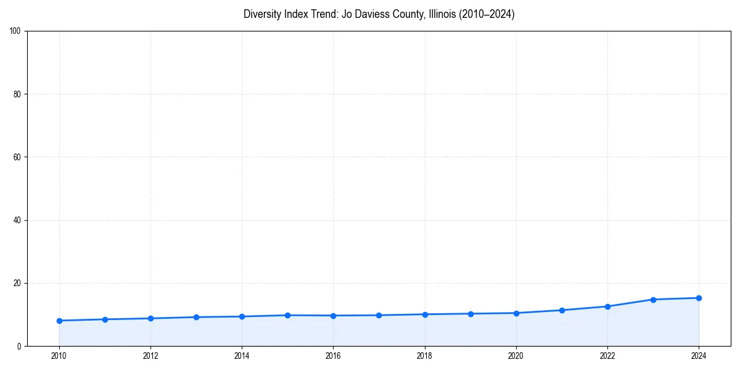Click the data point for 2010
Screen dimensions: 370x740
(59, 321)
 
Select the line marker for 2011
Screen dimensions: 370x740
(105, 319)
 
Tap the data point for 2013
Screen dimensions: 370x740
(196, 317)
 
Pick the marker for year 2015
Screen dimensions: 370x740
(287, 315)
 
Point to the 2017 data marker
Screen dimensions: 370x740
(379, 315)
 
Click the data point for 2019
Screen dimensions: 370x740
(471, 314)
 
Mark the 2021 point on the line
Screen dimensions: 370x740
(562, 310)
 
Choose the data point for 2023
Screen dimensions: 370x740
(653, 300)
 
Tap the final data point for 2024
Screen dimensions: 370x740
(699, 298)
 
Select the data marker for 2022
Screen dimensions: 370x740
(607, 306)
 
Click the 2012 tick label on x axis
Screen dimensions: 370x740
(150, 355)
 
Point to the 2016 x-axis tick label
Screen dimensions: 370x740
(333, 355)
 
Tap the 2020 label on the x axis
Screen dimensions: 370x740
(516, 355)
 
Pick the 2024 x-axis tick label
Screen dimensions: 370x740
(699, 355)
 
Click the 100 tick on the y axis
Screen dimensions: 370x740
(15, 31)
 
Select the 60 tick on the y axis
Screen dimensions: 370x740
(17, 157)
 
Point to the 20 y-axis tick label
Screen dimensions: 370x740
(17, 283)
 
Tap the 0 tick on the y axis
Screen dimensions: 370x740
(20, 346)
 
